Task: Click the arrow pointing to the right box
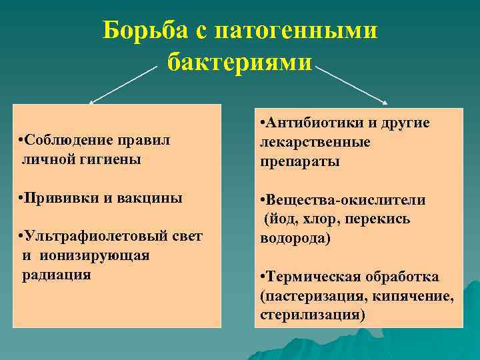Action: (x=352, y=83)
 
